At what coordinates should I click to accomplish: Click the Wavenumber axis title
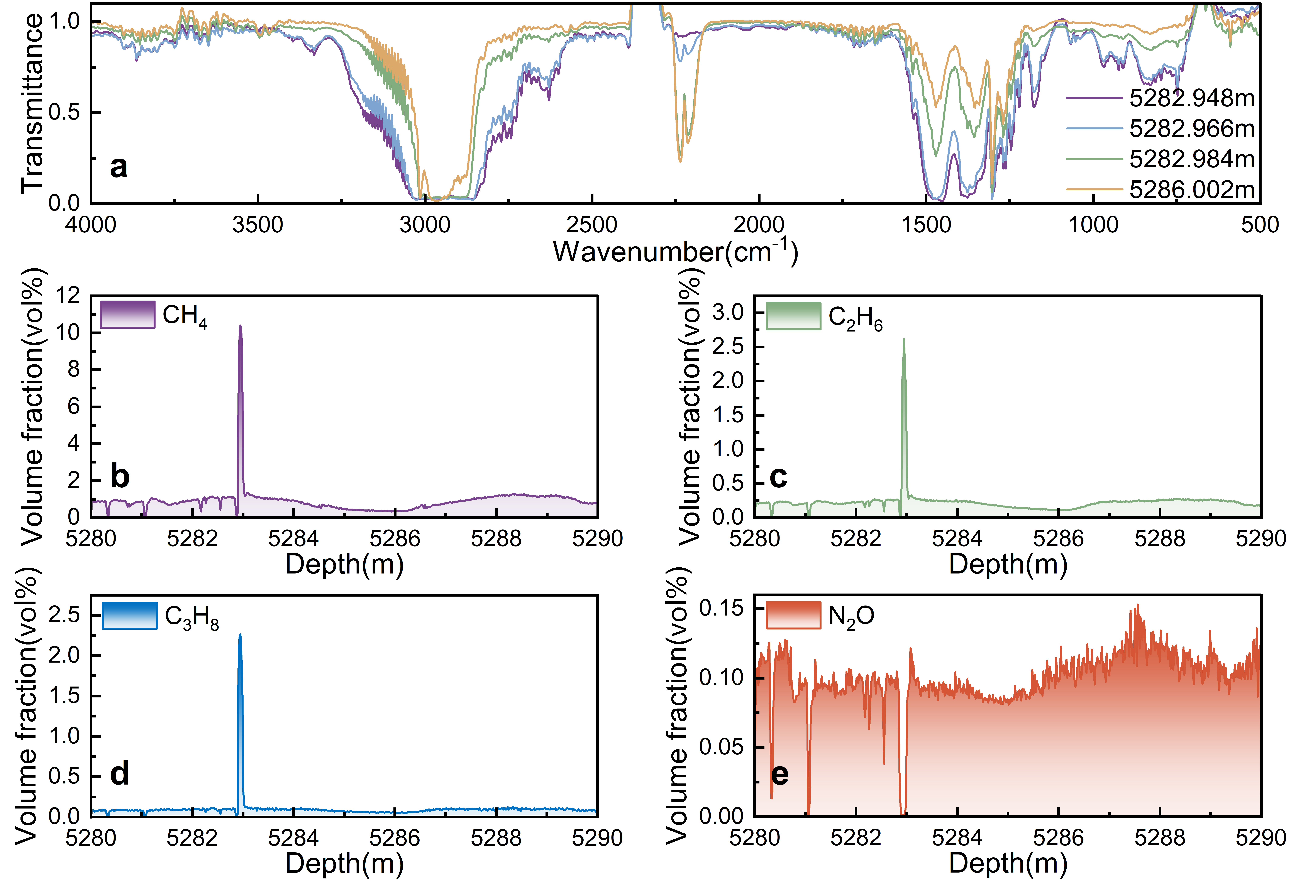click(675, 252)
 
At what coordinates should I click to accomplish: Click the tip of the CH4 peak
click(241, 326)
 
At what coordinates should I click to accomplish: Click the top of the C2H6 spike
click(904, 339)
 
